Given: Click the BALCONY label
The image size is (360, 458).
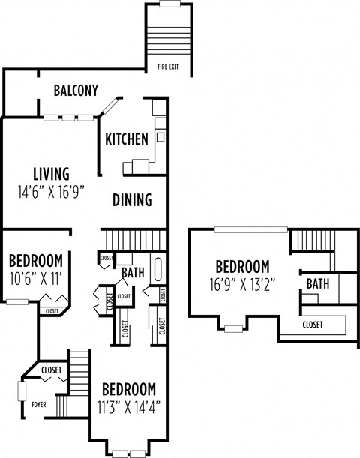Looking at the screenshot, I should tap(76, 91).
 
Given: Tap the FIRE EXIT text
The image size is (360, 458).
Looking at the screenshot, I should tap(168, 67).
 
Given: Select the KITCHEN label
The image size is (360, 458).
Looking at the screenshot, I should tap(126, 139).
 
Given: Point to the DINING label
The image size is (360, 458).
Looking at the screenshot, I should tap(132, 200).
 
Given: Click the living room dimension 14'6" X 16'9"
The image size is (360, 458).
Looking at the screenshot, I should tap(49, 191).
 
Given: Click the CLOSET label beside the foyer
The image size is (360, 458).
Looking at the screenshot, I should tap(51, 370).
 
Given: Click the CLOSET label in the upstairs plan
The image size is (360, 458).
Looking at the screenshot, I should tap(313, 325).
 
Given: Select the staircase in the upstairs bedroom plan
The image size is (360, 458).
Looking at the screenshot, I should tap(306, 242).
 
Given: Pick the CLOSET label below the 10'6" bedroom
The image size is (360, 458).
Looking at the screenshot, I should tap(52, 310).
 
